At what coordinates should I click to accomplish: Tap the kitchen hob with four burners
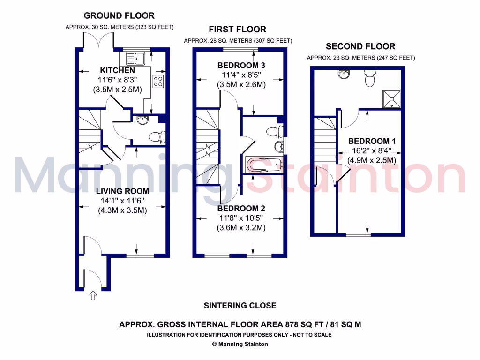click(x=158, y=82)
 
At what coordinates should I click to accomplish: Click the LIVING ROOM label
click(x=122, y=191)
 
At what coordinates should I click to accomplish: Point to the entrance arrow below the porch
click(x=92, y=295)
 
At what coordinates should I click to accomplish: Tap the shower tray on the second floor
click(x=391, y=98)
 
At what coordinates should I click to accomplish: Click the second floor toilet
click(x=370, y=80)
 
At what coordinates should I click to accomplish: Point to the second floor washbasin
click(x=344, y=74)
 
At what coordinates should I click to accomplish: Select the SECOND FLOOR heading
click(x=360, y=46)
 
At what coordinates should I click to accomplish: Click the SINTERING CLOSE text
click(x=240, y=306)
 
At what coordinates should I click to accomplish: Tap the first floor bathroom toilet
click(x=271, y=131)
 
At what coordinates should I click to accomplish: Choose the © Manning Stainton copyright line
click(x=240, y=344)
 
